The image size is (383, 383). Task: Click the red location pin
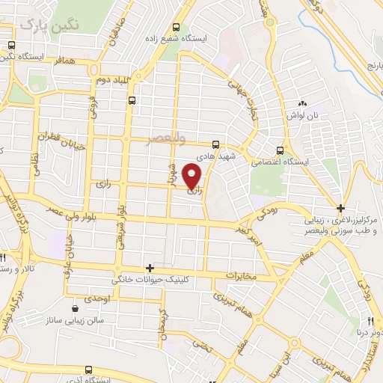click(x=193, y=177)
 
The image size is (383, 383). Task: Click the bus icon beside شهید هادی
click(x=215, y=144)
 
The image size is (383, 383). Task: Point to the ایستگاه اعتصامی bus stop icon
click(x=280, y=150)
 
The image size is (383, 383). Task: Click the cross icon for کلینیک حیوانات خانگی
click(x=150, y=268)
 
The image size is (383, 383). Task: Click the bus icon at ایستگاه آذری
click(x=89, y=369)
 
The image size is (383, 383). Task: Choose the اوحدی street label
click(x=98, y=299)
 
